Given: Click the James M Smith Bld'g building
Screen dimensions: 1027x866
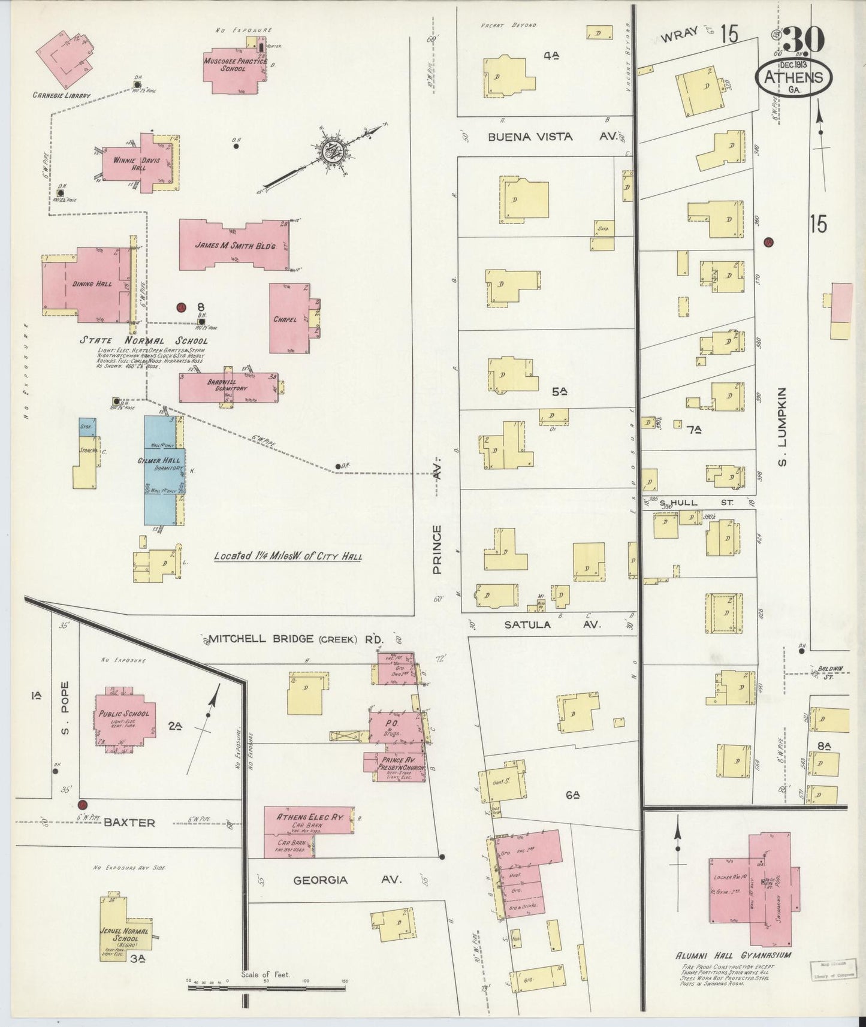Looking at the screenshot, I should [234, 244].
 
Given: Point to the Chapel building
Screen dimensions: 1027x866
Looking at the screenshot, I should [288, 319].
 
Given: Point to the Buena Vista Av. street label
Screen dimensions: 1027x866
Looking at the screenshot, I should [551, 137].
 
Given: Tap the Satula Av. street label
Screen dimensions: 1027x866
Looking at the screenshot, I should [552, 624].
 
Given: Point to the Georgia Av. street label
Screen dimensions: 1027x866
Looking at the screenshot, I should [346, 880].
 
